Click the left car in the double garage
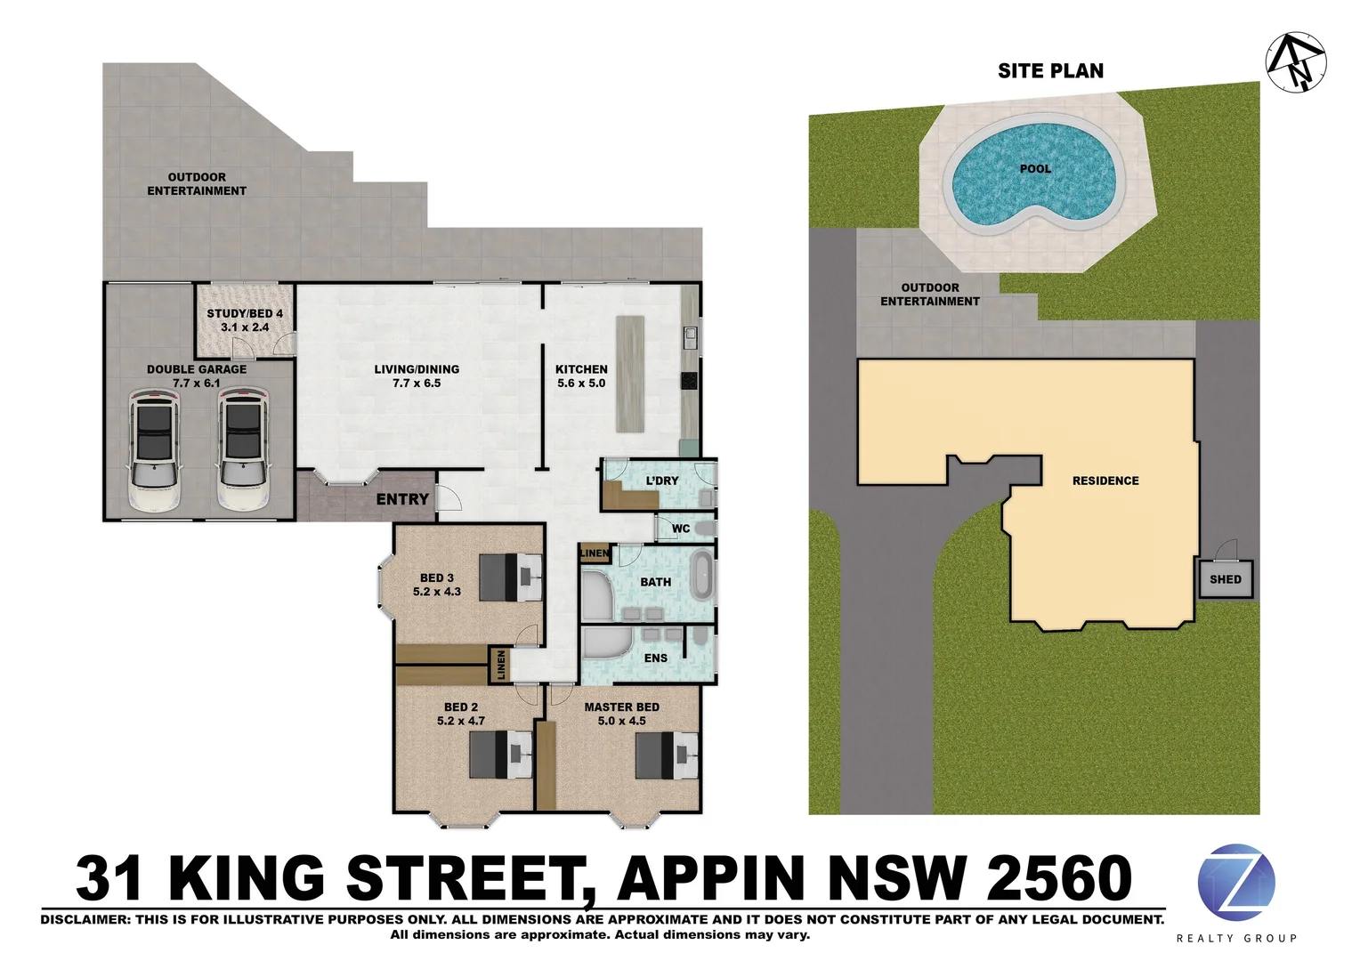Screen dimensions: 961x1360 click(x=155, y=449)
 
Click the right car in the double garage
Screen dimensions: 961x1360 click(x=243, y=449)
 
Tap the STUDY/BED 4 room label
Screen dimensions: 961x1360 click(x=245, y=313)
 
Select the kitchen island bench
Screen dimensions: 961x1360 click(x=630, y=374)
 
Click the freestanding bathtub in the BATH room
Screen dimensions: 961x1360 click(x=703, y=576)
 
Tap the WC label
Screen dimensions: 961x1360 click(x=681, y=529)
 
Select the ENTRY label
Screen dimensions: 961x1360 click(x=402, y=499)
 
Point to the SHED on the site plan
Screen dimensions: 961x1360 click(x=1226, y=579)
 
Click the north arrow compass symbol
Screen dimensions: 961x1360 click(x=1296, y=61)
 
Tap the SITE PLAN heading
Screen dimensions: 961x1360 click(x=1050, y=71)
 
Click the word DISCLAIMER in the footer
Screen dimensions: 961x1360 click(x=84, y=919)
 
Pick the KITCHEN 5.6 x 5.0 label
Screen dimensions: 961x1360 click(x=581, y=376)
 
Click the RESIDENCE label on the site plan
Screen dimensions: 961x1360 click(x=1105, y=480)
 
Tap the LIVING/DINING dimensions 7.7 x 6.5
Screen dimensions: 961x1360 click(x=417, y=384)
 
